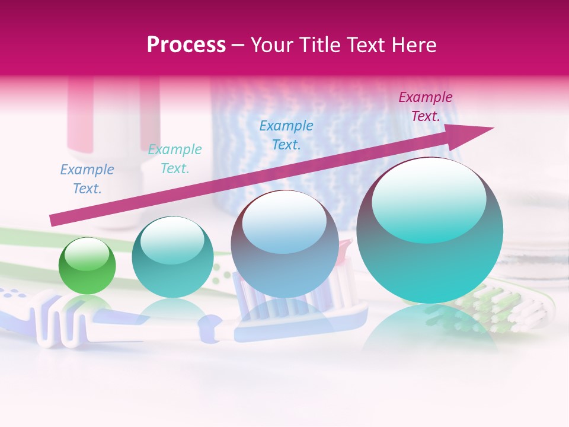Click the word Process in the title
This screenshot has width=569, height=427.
click(x=186, y=45)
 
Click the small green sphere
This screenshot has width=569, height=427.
click(x=87, y=266)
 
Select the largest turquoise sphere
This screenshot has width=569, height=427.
click(x=430, y=231)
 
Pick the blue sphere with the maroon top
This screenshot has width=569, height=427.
click(x=284, y=244)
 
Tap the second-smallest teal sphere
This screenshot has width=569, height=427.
click(x=172, y=257)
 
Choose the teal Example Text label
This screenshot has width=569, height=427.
click(x=175, y=159)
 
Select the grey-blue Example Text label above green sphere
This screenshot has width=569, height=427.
click(x=87, y=179)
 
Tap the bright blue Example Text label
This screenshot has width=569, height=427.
click(x=286, y=135)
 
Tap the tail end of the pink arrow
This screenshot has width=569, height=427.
click(x=53, y=220)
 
